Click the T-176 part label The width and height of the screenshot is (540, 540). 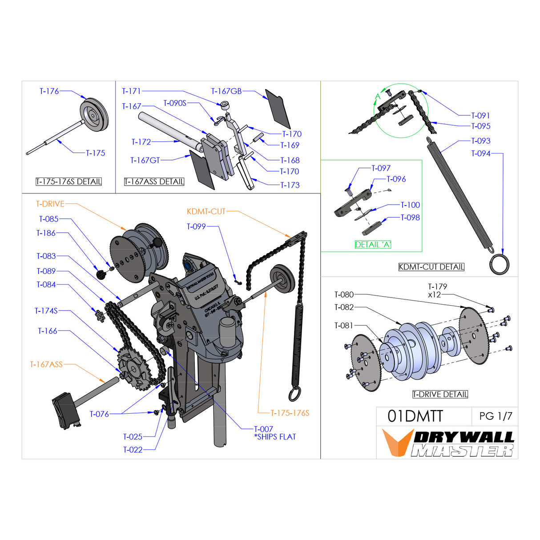pos(49,91)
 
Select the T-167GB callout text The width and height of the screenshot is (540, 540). pos(226,91)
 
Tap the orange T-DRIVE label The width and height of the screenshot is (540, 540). pos(50,204)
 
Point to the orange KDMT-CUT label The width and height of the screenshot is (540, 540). pos(206,211)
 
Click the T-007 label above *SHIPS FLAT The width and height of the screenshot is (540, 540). pos(263,429)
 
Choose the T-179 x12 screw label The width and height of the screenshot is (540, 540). pos(437,290)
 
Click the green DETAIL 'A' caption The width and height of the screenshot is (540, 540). pos(373,244)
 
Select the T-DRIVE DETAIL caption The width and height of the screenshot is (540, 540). pos(440,394)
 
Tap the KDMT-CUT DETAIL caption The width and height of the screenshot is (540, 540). pos(431,267)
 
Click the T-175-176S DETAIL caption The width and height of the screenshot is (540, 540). pos(69,181)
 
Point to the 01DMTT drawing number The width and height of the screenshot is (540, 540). pos(415,416)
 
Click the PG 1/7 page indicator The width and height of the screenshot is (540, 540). pos(496,416)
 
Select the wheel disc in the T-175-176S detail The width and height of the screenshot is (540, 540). pos(94,115)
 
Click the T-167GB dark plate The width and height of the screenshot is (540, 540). pos(278,109)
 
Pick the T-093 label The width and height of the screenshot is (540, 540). pos(480,141)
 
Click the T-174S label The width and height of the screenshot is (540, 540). pos(46,310)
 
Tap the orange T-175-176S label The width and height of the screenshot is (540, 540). pos(290,413)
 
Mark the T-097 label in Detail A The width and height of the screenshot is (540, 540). pos(381,168)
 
